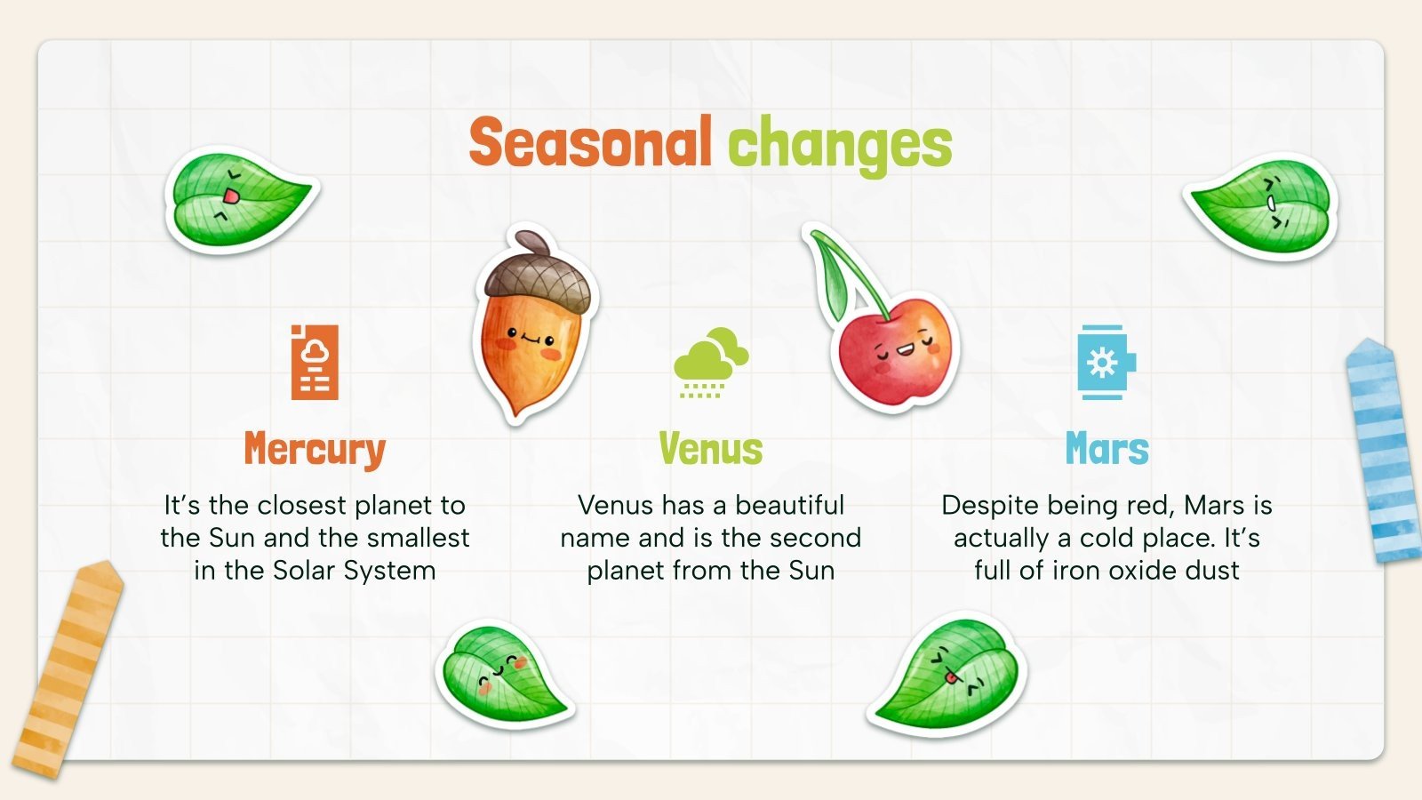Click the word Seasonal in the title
pyautogui.click(x=590, y=142)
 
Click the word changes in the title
pyautogui.click(x=840, y=144)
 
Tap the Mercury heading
pyautogui.click(x=315, y=450)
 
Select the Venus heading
pyautogui.click(x=710, y=450)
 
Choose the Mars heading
pyautogui.click(x=1106, y=450)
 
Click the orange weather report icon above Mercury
pyautogui.click(x=315, y=362)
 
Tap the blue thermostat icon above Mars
pyautogui.click(x=1106, y=362)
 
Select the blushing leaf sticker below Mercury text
pyautogui.click(x=503, y=674)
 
